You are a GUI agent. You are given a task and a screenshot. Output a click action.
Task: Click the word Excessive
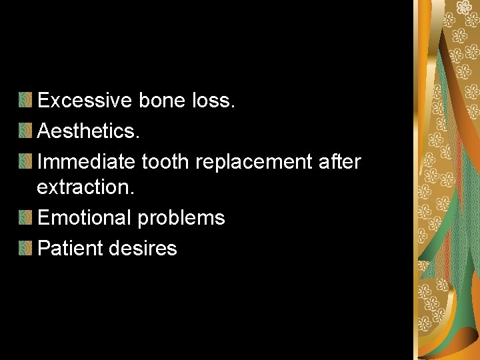[85, 101]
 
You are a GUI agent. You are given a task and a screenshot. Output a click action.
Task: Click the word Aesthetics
[88, 131]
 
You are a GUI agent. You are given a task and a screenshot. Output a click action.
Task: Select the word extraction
[85, 187]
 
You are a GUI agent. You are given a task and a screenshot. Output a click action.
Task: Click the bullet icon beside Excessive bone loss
[25, 101]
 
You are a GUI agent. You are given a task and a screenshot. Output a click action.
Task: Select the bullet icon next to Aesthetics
[25, 131]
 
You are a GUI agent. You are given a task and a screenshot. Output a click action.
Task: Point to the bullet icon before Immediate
[25, 161]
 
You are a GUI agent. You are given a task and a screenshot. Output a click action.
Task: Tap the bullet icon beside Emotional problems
[25, 218]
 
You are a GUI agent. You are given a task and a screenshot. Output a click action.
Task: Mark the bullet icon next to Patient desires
[25, 248]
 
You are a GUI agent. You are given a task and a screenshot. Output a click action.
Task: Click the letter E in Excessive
[43, 101]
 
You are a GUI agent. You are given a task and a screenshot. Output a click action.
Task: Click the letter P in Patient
[43, 248]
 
